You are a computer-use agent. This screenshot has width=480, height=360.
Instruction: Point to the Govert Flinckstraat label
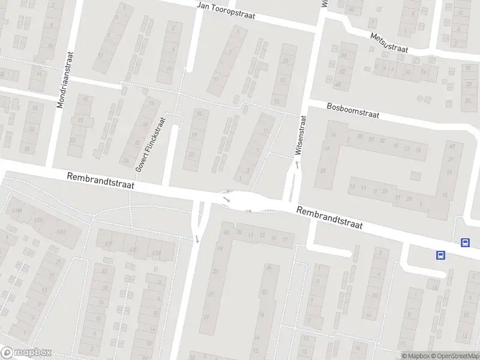tap(149, 143)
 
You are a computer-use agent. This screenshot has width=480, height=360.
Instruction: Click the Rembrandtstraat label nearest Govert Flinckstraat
tap(101, 181)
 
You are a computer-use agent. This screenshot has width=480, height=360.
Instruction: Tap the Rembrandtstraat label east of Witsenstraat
tap(329, 218)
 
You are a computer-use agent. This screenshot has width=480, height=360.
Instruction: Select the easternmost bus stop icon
tap(465, 242)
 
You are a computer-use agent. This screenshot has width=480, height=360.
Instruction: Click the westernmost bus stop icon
tap(441, 255)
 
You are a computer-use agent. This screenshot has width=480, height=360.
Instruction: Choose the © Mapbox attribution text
tap(415, 356)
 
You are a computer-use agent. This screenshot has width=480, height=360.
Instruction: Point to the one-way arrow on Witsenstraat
tap(296, 163)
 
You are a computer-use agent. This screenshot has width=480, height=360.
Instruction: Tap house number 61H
tap(60, 231)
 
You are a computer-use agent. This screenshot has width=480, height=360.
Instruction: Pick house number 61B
tap(156, 253)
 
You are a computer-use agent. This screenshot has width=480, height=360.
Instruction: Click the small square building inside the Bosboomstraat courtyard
tap(415, 176)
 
